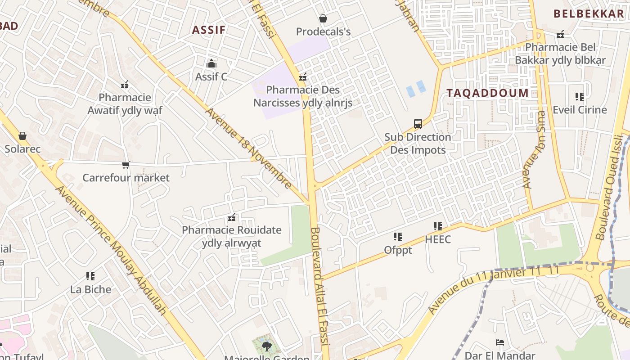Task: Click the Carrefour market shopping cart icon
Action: (126, 165)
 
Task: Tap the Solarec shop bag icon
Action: (22, 136)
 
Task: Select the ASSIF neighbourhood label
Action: (209, 30)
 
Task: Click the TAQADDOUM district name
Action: (487, 93)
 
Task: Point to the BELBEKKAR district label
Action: (589, 14)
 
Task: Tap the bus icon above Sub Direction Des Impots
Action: (418, 124)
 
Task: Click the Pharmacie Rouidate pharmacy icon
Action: (232, 218)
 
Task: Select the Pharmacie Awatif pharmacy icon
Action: (125, 85)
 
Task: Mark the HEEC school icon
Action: (438, 226)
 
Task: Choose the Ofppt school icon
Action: (398, 237)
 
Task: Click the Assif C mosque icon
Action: (211, 64)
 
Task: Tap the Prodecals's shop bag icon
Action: (323, 18)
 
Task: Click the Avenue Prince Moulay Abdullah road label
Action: (111, 250)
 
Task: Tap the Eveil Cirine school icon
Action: (580, 97)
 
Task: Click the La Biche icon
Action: (90, 276)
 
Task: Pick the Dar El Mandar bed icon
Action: (499, 343)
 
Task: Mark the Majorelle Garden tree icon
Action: (266, 346)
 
